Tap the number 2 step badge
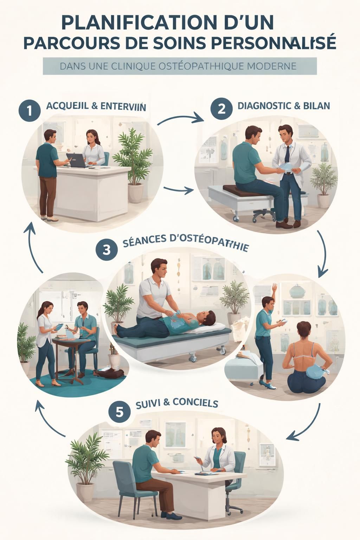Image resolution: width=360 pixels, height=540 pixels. [x=221, y=108]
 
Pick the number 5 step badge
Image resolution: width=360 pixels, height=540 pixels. [x=120, y=412]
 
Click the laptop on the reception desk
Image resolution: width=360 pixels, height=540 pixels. [x=76, y=160]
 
